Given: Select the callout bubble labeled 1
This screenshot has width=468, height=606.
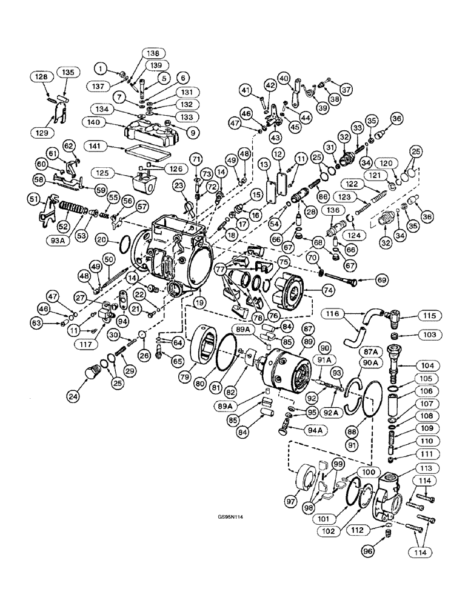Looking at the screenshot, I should point(99,68).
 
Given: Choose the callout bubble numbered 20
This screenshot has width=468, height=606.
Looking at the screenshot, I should point(119,240).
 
